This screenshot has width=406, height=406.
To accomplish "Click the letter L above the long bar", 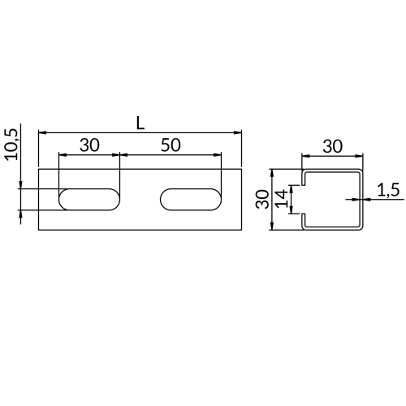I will [x=140, y=122].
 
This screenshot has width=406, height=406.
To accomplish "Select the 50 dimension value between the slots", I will [x=171, y=145].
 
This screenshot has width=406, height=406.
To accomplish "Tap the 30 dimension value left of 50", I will [x=89, y=145].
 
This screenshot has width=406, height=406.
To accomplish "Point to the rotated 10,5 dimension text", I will [x=11, y=145].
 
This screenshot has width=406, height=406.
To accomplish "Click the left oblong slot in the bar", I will [x=89, y=199].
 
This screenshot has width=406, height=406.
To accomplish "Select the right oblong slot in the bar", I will [x=191, y=199].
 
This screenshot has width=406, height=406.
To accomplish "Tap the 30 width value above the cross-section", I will [x=331, y=146].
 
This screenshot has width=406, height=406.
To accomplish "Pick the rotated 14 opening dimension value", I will [x=281, y=199].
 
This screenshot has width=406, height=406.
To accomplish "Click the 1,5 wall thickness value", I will [x=389, y=190].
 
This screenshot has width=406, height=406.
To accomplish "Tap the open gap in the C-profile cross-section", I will [x=303, y=199].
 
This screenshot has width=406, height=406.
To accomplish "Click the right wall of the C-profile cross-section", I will [x=361, y=199].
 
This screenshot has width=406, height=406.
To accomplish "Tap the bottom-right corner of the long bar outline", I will [x=241, y=230].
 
